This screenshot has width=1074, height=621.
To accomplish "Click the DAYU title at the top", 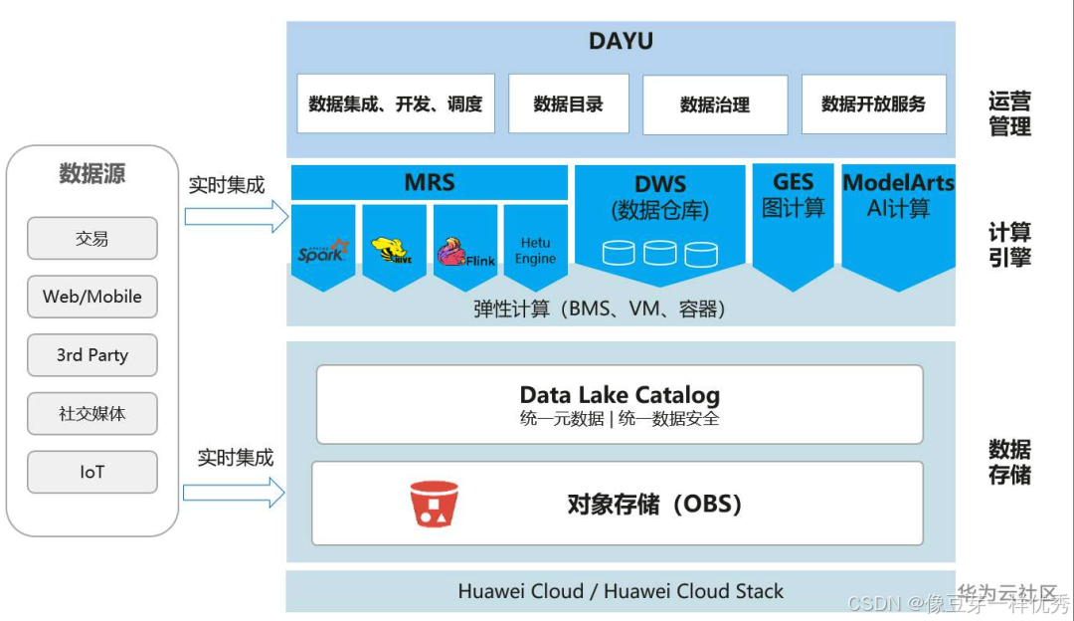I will tap(621, 42).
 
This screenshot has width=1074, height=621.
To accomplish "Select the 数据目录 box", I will tap(568, 103).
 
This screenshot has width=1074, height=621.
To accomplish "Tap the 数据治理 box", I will tap(714, 104).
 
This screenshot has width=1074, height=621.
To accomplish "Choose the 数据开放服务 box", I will tap(873, 103).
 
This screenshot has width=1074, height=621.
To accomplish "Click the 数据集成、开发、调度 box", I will tap(395, 103).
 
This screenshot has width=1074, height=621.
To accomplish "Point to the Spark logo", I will tap(323, 251).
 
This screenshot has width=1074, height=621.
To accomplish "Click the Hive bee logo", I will tap(394, 251).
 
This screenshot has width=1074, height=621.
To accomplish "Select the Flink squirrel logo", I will tap(464, 252).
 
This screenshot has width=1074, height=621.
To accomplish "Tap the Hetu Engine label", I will tap(535, 251).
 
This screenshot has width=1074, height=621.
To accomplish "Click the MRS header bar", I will tap(429, 183).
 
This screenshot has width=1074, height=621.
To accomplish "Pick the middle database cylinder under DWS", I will tap(660, 253).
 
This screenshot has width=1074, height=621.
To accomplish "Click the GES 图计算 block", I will tap(793, 195).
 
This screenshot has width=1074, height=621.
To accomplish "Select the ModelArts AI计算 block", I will tap(898, 195).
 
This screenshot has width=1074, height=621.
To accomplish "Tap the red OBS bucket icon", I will tap(435, 504).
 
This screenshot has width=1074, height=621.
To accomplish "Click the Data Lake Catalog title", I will tap(620, 395).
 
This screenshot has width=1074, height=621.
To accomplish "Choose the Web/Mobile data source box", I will tap(92, 297).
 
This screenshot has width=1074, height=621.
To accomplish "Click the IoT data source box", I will tap(92, 472).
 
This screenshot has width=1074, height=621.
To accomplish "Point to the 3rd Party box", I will tap(92, 355).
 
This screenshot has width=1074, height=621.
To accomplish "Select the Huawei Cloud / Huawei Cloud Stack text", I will tap(621, 591).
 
